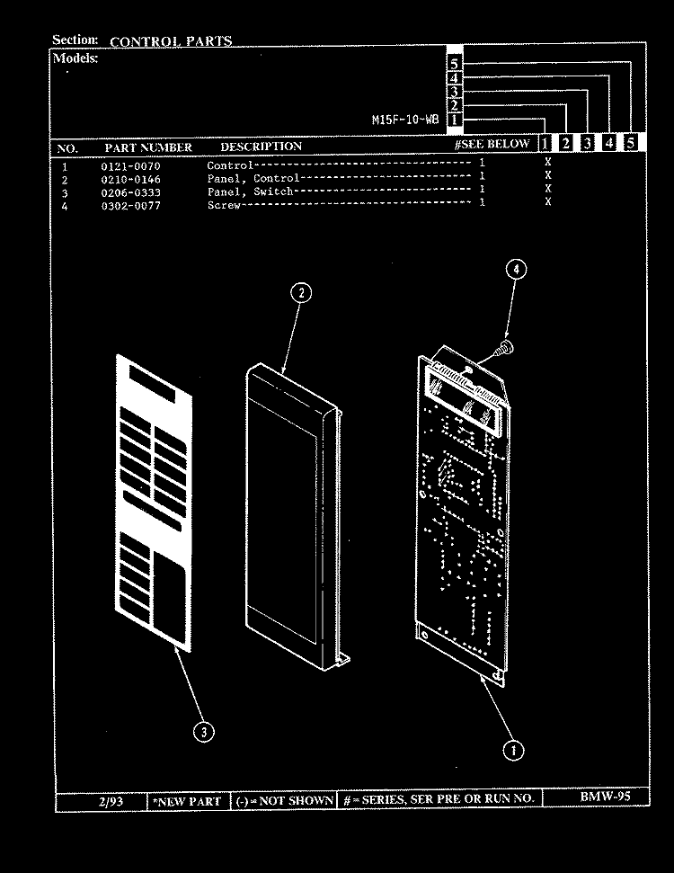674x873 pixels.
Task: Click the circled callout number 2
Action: pos(301,293)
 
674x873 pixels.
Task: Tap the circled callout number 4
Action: pos(516,270)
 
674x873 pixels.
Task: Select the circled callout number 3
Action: pos(204,732)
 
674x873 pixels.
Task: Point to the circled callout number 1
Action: pos(513,751)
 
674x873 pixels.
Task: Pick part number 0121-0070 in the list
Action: pos(131,166)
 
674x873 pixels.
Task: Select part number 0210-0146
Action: pos(131,179)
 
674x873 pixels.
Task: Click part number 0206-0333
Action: pos(131,192)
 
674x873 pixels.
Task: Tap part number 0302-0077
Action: pos(131,206)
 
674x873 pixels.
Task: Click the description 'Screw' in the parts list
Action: pos(224,205)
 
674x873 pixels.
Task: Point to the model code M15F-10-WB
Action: pos(405,120)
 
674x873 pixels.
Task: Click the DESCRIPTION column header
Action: pos(261,147)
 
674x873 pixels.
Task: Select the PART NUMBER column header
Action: pos(148,147)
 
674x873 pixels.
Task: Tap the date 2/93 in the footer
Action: pos(111,802)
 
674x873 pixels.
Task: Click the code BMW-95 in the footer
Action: pos(605,797)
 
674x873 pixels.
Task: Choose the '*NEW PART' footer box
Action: pos(188,802)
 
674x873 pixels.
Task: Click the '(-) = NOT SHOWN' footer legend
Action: pos(284,800)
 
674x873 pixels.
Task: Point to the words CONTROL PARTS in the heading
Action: pos(171,41)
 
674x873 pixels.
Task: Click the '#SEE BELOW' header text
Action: pos(492,144)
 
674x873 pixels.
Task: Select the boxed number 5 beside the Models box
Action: pos(454,64)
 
